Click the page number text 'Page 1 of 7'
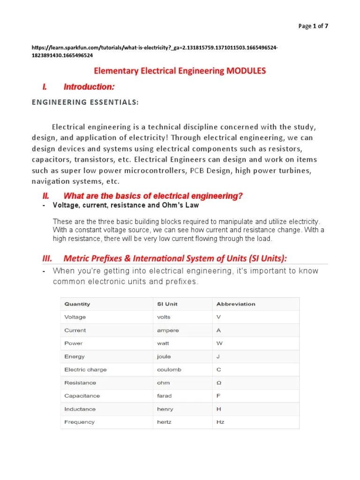tap(313, 26)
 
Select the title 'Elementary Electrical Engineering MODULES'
tap(180, 71)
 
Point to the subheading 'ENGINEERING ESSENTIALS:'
tap(85, 103)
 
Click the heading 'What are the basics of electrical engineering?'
tap(153, 196)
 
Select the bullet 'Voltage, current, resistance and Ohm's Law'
tap(126, 205)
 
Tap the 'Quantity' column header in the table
tap(77, 304)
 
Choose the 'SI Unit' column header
tap(167, 304)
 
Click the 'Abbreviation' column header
tap(236, 304)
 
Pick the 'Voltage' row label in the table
tap(75, 317)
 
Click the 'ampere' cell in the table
tap(168, 330)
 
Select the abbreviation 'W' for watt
tap(219, 343)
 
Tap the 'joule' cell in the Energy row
tap(164, 356)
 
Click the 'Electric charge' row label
tap(85, 369)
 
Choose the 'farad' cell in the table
tap(165, 396)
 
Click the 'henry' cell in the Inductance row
tap(165, 409)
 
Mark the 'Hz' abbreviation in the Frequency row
tap(220, 422)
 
